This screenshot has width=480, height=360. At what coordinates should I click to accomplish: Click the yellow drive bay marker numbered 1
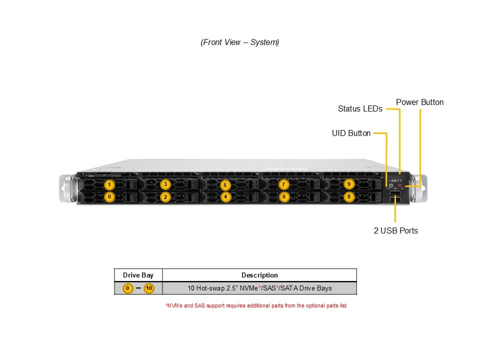pos(109,185)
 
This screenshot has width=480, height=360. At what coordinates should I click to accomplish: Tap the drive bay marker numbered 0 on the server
pos(109,197)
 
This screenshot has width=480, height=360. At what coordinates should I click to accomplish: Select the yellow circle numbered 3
pos(165,184)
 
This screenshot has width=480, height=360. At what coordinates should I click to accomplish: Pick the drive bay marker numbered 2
pos(165,197)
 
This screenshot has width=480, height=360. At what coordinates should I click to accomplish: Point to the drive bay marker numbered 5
pos(225,185)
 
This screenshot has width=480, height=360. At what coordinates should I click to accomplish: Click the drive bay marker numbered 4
pos(225,197)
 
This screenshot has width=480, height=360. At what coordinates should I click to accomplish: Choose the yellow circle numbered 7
pos(283,184)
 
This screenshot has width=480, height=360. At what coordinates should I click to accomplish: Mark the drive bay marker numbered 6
pos(283,197)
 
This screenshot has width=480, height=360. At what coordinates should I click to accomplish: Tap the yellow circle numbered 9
pos(349,184)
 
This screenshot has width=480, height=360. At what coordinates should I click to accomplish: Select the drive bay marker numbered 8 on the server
pos(349,197)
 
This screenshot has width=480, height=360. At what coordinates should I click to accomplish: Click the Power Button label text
pos(419,102)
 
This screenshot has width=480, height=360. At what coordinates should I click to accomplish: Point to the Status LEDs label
pos(360,108)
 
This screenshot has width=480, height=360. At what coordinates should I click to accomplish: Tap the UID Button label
pos(351,133)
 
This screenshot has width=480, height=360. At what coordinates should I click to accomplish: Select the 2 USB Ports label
pos(395,231)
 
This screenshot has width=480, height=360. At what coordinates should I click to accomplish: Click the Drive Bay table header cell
pos(138,275)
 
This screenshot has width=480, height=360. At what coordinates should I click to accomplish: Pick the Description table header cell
pos(259,275)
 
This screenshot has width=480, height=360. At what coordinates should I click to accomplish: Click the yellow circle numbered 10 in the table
pos(149,288)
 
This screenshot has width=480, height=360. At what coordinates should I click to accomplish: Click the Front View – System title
pos(240,42)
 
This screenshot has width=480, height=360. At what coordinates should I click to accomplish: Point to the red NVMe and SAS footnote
pos(255,305)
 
